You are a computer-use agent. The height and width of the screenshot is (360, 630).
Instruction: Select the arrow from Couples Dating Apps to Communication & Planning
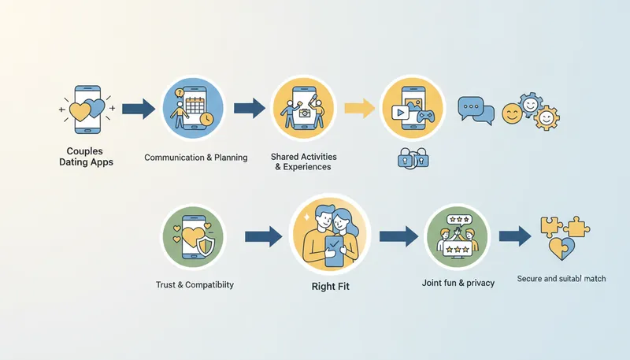[138, 108]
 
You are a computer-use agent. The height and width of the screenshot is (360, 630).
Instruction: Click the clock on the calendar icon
[206, 118]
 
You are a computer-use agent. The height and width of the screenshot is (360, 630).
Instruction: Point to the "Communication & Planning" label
[196, 158]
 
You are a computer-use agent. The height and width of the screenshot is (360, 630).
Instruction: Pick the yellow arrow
[358, 108]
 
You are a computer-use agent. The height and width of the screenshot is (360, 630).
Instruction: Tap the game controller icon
[426, 116]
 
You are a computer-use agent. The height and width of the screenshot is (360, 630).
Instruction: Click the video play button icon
[400, 112]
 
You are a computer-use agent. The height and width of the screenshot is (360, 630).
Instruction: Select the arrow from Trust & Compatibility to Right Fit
[263, 235]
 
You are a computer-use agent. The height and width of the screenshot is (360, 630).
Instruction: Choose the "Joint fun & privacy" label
[458, 282]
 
